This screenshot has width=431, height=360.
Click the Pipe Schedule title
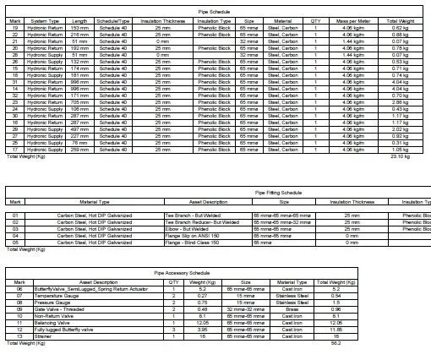[215, 12]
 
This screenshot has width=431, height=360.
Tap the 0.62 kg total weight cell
[400, 28]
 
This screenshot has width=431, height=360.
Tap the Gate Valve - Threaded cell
[92, 308]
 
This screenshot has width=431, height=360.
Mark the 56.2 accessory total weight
[335, 342]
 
